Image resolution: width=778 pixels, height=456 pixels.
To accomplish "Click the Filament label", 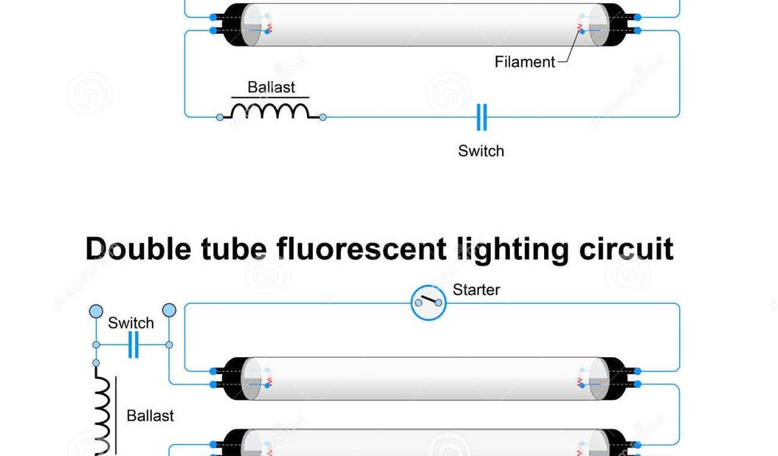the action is [x=524, y=62].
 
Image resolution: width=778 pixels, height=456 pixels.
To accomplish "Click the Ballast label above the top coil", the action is [x=271, y=87].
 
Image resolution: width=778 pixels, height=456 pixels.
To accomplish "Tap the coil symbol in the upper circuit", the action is [x=271, y=112].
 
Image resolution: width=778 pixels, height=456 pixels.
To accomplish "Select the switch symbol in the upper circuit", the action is [x=481, y=117].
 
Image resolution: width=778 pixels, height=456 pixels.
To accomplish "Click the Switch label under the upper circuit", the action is [x=481, y=150].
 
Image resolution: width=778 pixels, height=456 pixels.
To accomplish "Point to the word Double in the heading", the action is [x=148, y=249].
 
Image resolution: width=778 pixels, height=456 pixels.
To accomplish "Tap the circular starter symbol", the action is [x=429, y=304].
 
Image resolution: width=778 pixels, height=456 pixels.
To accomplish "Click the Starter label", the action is [x=476, y=290].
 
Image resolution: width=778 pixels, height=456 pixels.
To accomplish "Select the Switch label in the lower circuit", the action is [x=131, y=323].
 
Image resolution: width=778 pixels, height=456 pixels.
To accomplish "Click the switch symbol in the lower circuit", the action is [x=133, y=344].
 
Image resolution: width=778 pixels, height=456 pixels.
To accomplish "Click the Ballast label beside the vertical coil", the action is [x=150, y=416].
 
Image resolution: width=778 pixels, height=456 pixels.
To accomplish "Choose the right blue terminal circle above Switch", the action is [x=169, y=309].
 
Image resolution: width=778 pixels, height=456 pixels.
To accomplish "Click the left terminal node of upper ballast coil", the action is [x=220, y=117].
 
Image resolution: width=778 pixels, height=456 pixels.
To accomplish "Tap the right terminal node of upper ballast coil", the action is [x=323, y=117].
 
